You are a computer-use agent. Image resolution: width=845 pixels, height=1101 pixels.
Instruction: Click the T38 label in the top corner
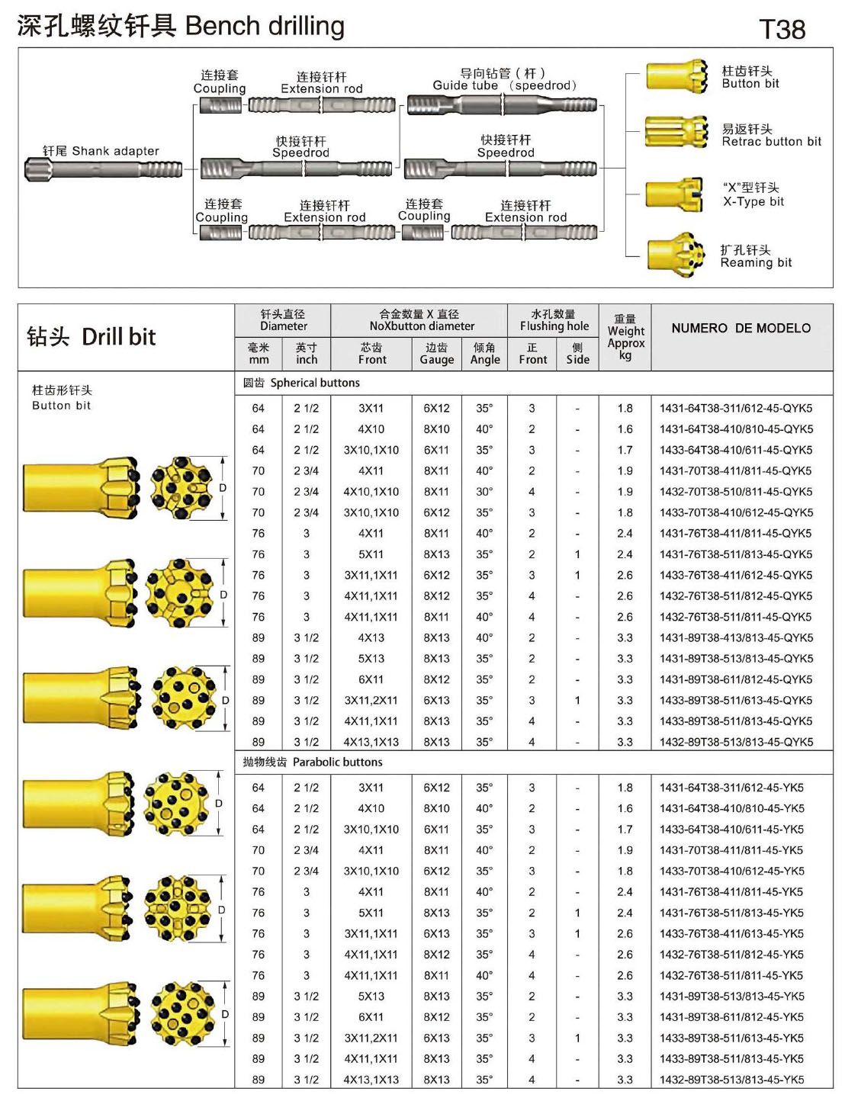pyautogui.click(x=782, y=29)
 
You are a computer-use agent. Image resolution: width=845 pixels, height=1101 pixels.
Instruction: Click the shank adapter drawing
pyautogui.click(x=104, y=169)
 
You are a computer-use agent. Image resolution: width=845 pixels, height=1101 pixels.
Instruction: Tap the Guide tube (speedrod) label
pyautogui.click(x=504, y=85)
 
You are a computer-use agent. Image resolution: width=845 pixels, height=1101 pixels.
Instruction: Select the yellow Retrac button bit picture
pyautogui.click(x=676, y=133)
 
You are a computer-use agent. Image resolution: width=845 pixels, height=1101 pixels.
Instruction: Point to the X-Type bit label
pyautogui.click(x=753, y=201)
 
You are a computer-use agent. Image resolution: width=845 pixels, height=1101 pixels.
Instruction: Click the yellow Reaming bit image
pyautogui.click(x=676, y=254)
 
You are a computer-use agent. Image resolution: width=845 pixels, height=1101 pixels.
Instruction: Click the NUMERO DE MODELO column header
pyautogui.click(x=741, y=328)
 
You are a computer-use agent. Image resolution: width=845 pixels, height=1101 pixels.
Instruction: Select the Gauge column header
pyautogui.click(x=436, y=353)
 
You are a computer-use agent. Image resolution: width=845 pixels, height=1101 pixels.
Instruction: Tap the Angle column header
pyautogui.click(x=484, y=353)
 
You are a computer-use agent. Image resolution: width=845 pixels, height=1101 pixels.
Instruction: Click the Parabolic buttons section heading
pyautogui.click(x=313, y=762)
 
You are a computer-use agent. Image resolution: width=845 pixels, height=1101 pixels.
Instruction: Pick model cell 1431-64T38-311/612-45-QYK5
pyautogui.click(x=735, y=408)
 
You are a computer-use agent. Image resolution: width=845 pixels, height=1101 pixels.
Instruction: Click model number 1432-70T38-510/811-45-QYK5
pyautogui.click(x=735, y=492)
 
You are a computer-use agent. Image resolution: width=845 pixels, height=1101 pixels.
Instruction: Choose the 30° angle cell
pyautogui.click(x=484, y=492)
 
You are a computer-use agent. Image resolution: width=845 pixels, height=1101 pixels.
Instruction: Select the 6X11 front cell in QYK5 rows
pyautogui.click(x=371, y=679)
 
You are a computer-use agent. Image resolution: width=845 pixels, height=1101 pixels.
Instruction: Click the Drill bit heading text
pyautogui.click(x=92, y=336)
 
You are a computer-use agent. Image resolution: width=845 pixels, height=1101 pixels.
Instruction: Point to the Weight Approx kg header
pyautogui.click(x=625, y=337)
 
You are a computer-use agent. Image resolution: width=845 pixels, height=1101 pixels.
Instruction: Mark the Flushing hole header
pyautogui.click(x=554, y=320)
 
